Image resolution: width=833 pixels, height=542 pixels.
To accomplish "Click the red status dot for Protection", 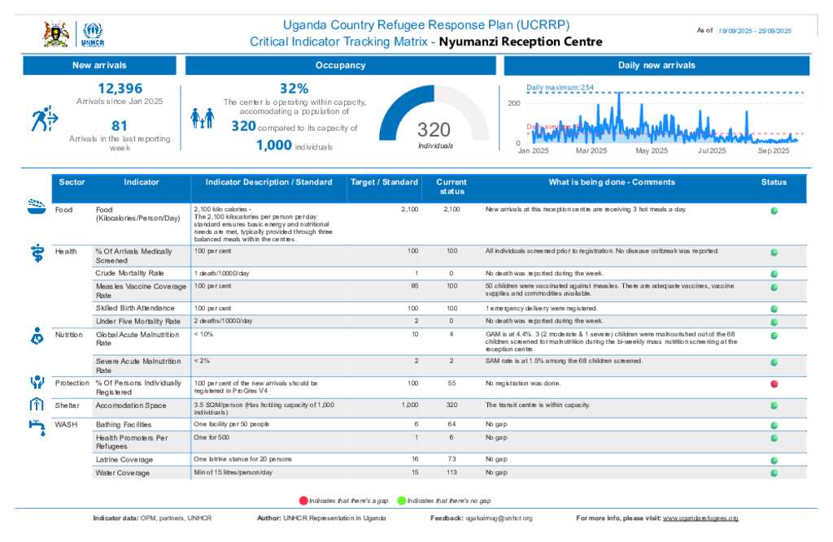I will (x=774, y=383).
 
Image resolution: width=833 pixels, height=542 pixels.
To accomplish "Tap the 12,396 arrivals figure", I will (x=120, y=89).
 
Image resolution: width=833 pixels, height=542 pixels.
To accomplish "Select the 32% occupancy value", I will (x=294, y=89).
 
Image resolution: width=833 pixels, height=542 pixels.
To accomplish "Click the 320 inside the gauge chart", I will (x=434, y=130).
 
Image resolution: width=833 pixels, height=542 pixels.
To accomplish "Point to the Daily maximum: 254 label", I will (x=560, y=87).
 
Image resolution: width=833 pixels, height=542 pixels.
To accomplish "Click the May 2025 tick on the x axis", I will (x=652, y=150).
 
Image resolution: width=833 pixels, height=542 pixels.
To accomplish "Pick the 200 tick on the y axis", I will (x=514, y=103).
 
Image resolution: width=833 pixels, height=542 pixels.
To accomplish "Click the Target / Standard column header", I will (x=384, y=182).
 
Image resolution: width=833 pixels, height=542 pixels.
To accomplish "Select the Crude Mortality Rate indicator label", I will (x=129, y=273).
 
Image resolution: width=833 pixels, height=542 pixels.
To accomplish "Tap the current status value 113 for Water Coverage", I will (x=452, y=472).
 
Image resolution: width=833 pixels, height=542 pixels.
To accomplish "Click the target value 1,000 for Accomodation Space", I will (x=410, y=404).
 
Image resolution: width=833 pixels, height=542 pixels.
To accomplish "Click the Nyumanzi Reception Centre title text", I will (x=521, y=41).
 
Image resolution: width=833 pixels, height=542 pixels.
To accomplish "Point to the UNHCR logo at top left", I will (x=94, y=34).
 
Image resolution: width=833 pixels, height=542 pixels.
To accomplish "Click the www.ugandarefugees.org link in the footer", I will (x=700, y=518).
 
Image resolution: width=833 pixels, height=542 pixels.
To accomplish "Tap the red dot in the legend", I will (x=304, y=501).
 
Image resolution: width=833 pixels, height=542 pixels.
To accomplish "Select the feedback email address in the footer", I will (x=499, y=518).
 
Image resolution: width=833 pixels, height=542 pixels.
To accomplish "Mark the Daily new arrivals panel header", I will (x=656, y=65).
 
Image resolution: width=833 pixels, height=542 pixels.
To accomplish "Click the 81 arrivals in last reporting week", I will (x=120, y=125).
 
